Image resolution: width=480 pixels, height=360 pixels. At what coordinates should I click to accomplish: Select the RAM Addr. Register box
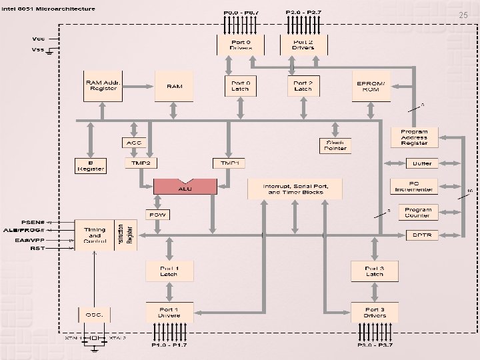point(102,86)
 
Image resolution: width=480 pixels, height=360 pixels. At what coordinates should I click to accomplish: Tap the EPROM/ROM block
point(371,86)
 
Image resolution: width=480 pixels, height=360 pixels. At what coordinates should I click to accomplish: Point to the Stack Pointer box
point(335,145)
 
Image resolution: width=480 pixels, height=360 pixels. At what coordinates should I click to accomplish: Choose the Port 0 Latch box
point(240,86)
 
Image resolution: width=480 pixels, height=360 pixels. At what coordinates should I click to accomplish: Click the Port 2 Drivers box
point(303,45)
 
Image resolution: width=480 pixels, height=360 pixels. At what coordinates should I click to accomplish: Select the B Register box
point(91,166)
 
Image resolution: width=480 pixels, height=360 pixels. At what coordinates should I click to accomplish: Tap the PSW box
point(157,215)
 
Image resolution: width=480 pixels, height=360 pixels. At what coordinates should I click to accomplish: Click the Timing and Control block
point(95,235)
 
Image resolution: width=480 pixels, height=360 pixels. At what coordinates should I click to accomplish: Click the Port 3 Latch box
point(374,271)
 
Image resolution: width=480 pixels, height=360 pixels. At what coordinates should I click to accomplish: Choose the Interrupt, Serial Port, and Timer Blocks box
point(294,189)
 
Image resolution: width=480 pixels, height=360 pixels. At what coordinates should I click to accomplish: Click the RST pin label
point(37,248)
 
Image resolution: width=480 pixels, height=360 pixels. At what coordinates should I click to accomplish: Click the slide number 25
point(464,15)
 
